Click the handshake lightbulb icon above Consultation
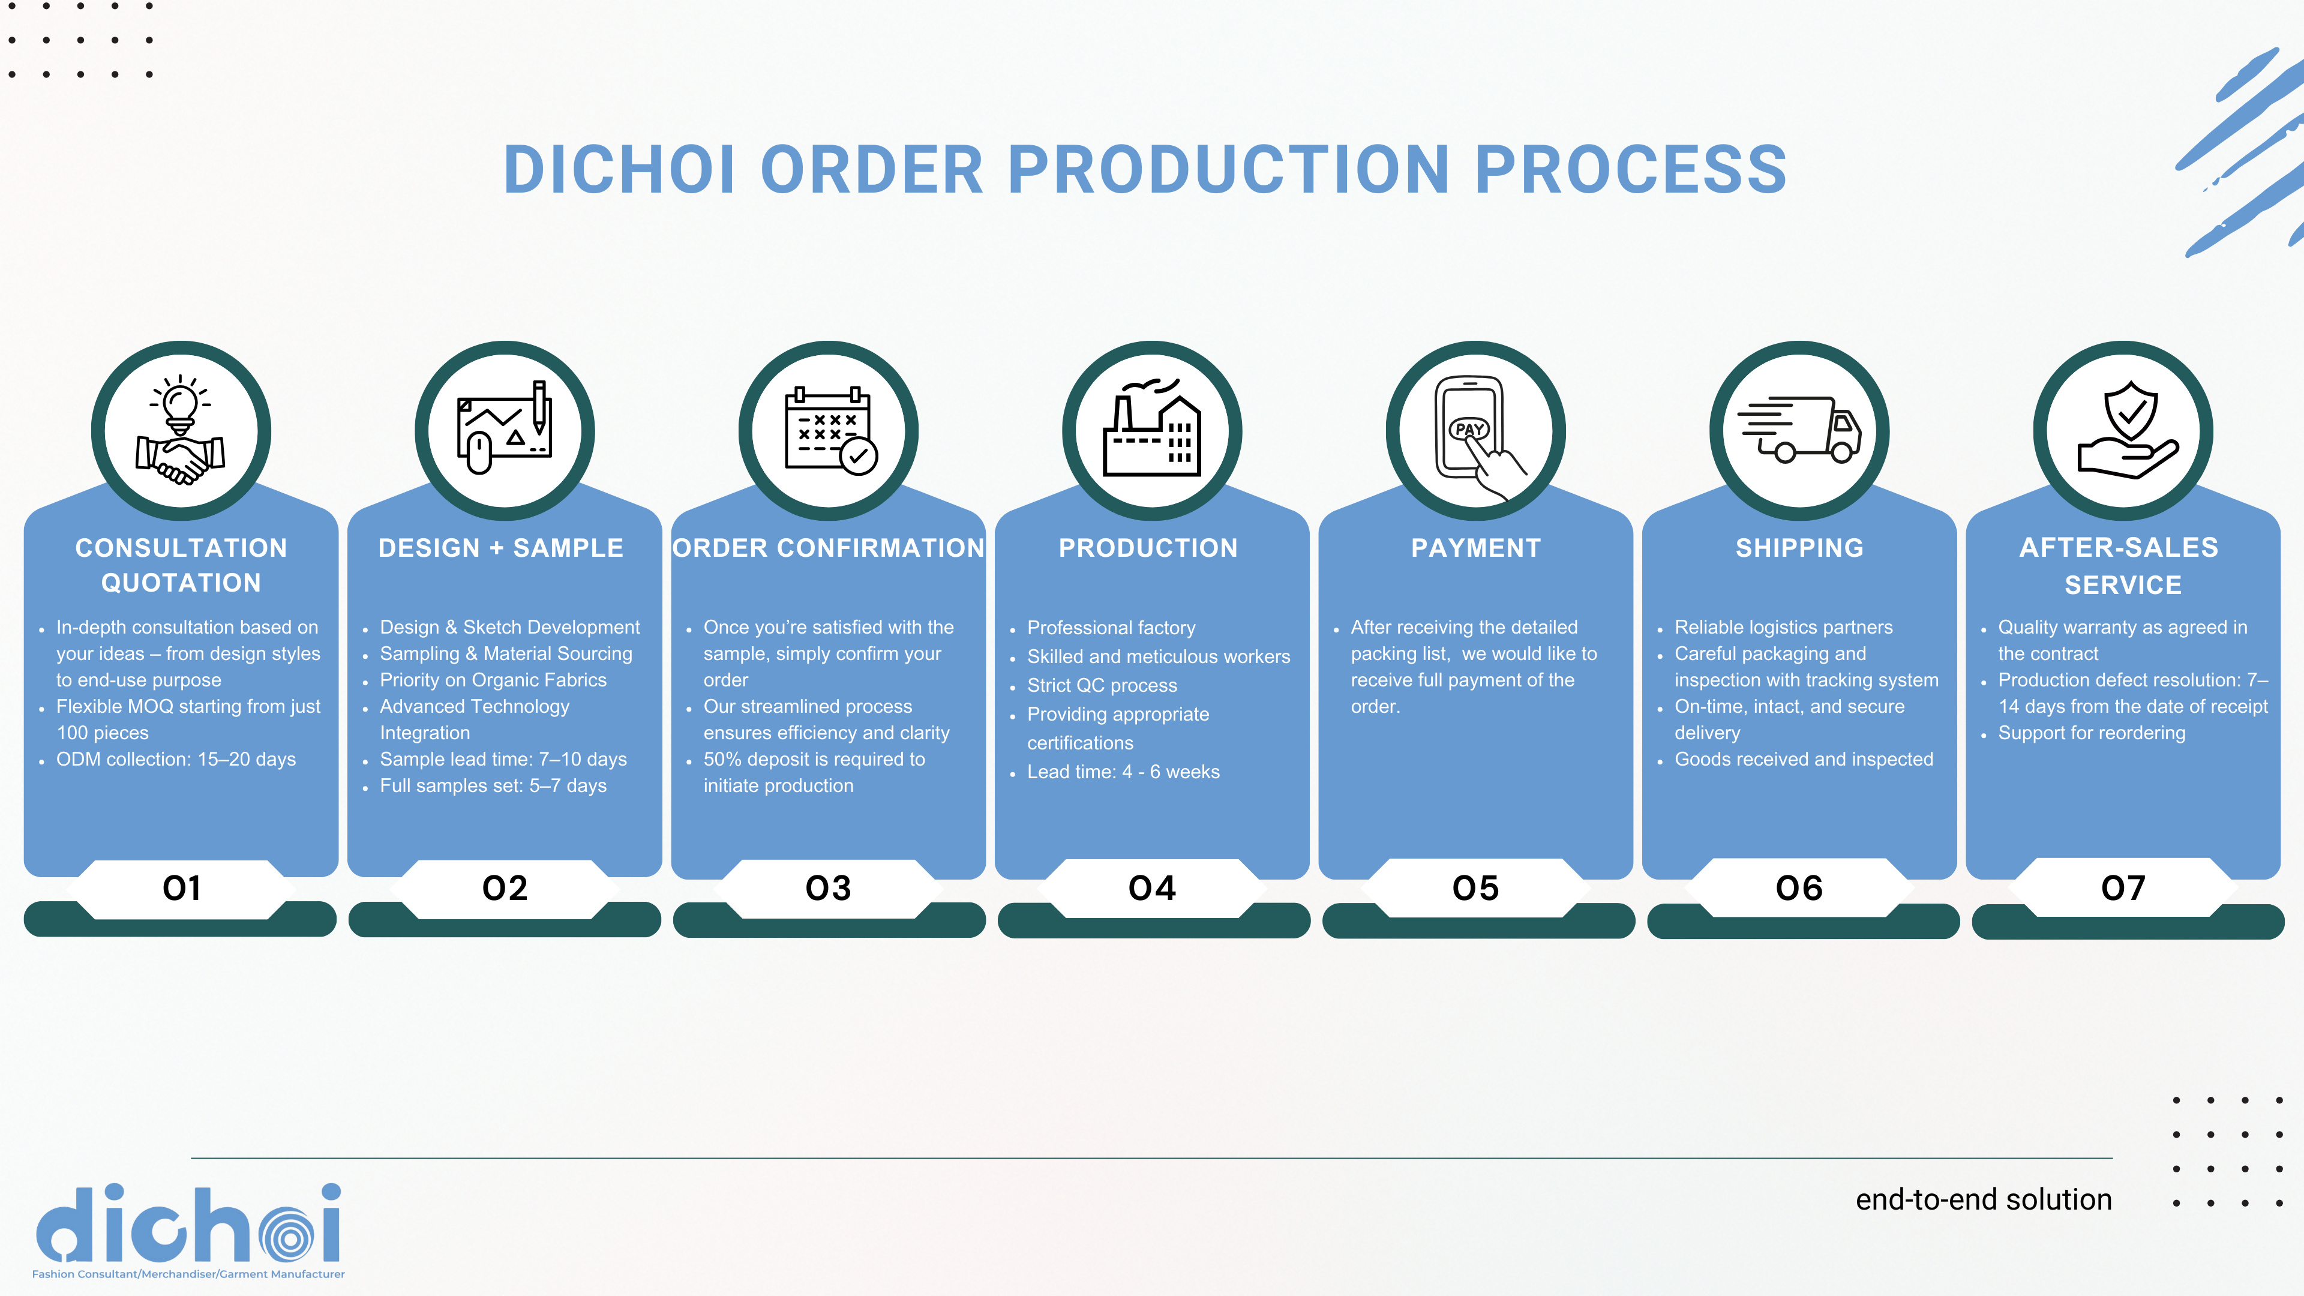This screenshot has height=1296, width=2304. pyautogui.click(x=181, y=430)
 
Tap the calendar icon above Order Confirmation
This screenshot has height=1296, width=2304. pyautogui.click(x=830, y=430)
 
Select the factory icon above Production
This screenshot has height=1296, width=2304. pyautogui.click(x=1152, y=428)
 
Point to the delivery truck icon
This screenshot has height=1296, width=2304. pyautogui.click(x=1799, y=430)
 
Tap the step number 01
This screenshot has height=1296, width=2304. pyautogui.click(x=182, y=888)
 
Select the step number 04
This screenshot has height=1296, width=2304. pyautogui.click(x=1152, y=888)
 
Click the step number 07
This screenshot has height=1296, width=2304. pyautogui.click(x=2123, y=888)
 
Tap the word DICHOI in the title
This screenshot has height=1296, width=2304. pyautogui.click(x=620, y=170)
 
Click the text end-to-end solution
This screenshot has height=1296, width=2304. pyautogui.click(x=1984, y=1199)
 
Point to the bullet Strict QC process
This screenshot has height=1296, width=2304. pyautogui.click(x=1102, y=685)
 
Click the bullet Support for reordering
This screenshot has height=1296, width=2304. pyautogui.click(x=2091, y=733)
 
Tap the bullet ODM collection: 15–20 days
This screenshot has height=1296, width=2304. pyautogui.click(x=175, y=760)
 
